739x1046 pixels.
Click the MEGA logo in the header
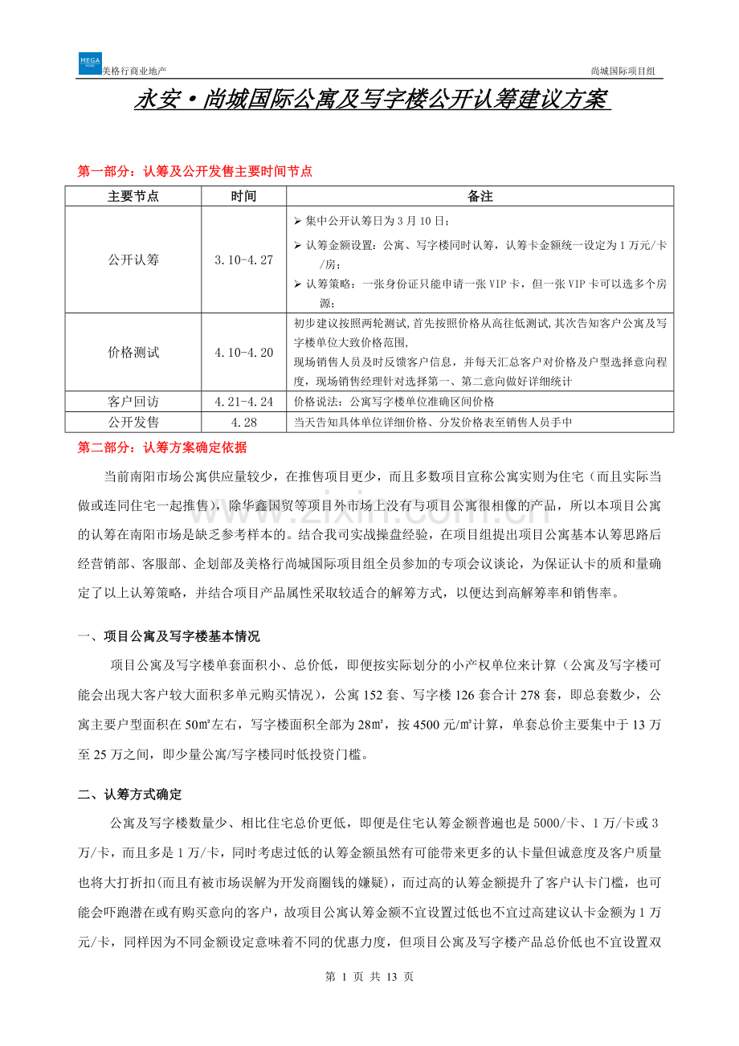[x=90, y=63]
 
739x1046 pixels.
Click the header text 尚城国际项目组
[x=623, y=72]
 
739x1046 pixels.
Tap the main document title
[x=370, y=101]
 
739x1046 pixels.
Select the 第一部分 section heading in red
[x=194, y=171]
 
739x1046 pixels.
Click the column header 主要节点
[x=133, y=196]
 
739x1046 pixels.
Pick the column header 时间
[x=243, y=196]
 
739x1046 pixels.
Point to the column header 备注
[x=480, y=196]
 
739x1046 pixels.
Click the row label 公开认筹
[x=133, y=260]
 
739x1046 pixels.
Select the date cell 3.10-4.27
[x=243, y=260]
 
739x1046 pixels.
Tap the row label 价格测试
[x=133, y=353]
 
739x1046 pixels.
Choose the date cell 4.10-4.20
[x=243, y=353]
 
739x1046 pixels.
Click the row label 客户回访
[x=133, y=401]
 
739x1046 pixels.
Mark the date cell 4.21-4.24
[x=243, y=401]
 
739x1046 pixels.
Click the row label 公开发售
[x=133, y=422]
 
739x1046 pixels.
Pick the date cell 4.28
[x=243, y=422]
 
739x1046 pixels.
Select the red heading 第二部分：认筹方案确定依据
[x=162, y=447]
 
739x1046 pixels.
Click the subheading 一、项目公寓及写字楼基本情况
[x=169, y=637]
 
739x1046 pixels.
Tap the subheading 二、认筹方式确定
[x=130, y=795]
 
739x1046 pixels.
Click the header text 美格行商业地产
[x=135, y=72]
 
